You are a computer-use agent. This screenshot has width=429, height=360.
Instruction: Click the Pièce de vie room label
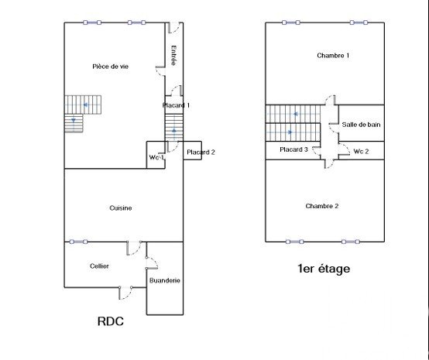[110, 67]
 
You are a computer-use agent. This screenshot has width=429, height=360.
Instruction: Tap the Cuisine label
[121, 208]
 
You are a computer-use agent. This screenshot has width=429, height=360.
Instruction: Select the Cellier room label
[99, 266]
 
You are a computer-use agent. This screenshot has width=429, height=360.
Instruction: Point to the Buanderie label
[165, 280]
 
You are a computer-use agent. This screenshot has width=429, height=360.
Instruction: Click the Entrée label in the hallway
[173, 55]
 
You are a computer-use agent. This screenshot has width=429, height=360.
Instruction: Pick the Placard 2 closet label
[201, 153]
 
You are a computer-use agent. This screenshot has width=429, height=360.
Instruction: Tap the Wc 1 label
[156, 158]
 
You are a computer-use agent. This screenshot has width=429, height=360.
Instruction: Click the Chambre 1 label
[333, 56]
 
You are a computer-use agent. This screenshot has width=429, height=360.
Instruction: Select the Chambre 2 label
[322, 206]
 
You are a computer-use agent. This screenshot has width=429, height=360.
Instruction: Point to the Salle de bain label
[361, 125]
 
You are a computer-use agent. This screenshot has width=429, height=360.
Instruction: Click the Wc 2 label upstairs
[361, 151]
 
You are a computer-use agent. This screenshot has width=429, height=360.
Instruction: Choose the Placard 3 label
[293, 149]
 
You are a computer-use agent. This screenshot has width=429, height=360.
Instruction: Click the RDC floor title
[111, 321]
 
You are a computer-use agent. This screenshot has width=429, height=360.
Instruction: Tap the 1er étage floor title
[324, 269]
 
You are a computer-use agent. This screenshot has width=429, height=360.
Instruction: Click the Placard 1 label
[176, 105]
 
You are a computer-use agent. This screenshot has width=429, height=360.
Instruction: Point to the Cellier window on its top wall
[78, 242]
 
